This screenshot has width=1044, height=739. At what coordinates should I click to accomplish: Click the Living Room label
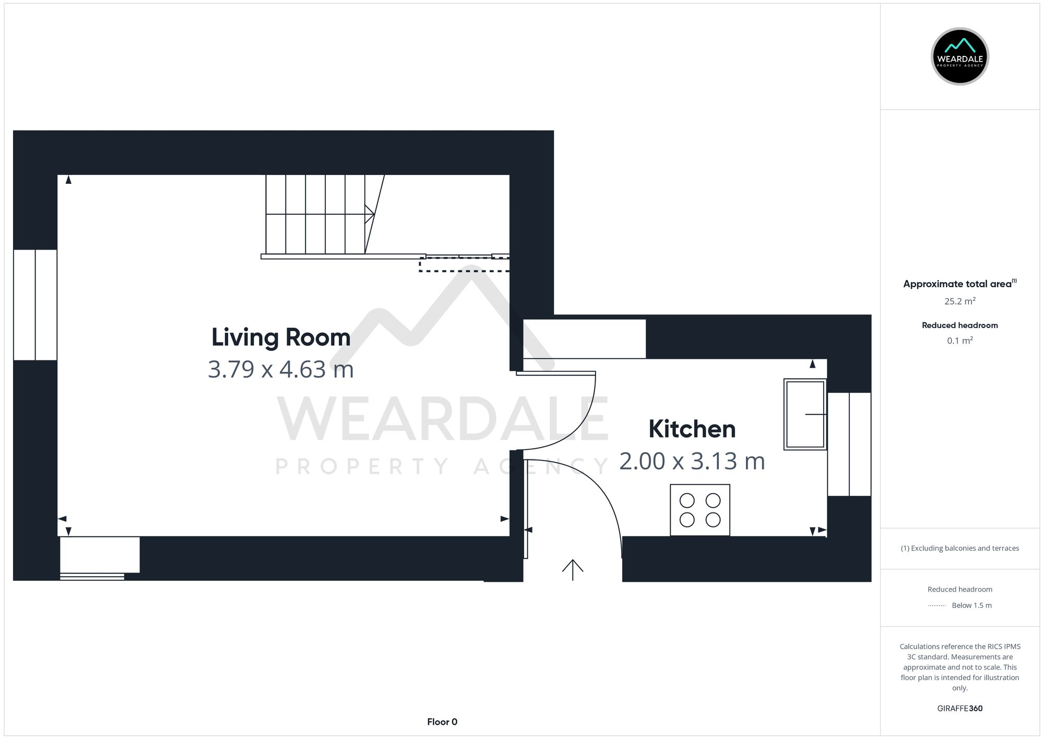coord(281,337)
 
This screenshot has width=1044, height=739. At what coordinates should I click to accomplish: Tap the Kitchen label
coord(692,429)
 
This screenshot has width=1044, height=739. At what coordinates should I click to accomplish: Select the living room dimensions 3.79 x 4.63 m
coord(281,370)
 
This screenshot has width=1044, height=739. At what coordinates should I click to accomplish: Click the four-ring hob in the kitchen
coord(700,510)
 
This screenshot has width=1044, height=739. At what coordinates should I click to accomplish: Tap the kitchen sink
coord(805,414)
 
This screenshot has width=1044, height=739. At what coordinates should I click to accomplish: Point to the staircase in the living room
coord(316,214)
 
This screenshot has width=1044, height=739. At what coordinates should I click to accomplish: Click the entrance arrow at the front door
coord(573,569)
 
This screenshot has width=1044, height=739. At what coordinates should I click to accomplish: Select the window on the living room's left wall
coord(35,305)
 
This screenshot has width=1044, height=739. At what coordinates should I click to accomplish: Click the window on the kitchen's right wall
coord(849,444)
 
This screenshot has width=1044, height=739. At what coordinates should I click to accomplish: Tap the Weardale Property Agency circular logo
coord(959,56)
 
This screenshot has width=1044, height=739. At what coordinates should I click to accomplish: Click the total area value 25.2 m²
coord(959,301)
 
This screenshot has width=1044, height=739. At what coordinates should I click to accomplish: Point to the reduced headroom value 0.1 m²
coord(959,341)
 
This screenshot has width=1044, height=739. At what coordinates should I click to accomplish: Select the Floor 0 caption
coord(442,722)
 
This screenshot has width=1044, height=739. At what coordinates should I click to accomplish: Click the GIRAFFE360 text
coord(959,709)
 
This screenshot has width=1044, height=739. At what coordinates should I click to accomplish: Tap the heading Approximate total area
coord(957,284)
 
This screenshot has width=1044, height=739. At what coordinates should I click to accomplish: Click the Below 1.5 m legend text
coord(971,605)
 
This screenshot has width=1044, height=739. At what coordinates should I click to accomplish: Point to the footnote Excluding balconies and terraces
coord(959,548)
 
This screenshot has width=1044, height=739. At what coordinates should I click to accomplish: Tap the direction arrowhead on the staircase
coord(370,214)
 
